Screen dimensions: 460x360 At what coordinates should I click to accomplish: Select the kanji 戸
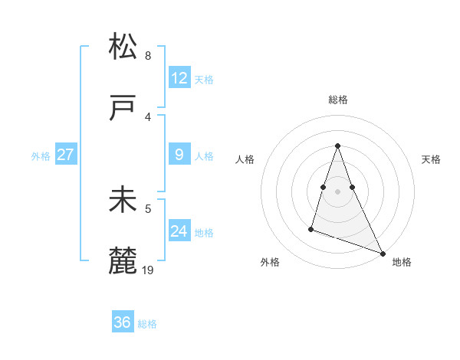(x=123, y=108)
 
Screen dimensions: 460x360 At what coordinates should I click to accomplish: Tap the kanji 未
(x=123, y=200)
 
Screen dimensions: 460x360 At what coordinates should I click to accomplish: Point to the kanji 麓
(x=123, y=261)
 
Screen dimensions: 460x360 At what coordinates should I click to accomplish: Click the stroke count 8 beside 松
(x=148, y=55)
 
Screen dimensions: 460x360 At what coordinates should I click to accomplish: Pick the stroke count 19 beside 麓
(x=149, y=270)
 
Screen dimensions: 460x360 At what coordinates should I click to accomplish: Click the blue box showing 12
(x=179, y=78)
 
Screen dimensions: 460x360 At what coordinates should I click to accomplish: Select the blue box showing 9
(x=179, y=155)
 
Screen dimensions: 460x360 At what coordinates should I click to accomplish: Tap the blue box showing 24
(x=179, y=231)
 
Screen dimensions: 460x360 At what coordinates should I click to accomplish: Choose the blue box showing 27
(x=66, y=155)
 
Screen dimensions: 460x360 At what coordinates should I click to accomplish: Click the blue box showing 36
(x=123, y=322)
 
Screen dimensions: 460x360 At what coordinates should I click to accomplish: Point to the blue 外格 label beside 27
(x=41, y=156)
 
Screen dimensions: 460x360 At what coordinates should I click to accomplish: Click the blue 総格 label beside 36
(x=147, y=324)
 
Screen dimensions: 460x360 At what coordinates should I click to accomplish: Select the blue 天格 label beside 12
(x=204, y=80)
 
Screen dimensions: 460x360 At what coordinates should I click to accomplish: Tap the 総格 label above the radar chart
(x=338, y=100)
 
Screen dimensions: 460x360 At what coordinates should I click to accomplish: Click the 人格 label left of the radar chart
(x=245, y=159)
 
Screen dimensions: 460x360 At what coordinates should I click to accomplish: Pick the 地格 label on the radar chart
(x=402, y=263)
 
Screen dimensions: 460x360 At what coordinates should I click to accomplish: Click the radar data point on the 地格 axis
(x=383, y=254)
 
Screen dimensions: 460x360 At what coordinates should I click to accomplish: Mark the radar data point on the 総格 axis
(x=337, y=146)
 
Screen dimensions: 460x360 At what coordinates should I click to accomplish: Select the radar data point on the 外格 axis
(x=311, y=228)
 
